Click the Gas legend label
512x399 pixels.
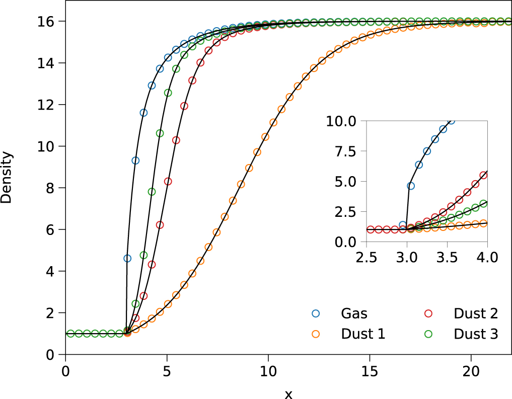354,313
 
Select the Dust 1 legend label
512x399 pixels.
363,334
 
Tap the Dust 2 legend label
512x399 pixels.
476,313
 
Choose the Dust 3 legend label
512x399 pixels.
476,334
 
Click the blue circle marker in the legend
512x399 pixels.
316,313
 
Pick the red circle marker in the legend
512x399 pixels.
429,313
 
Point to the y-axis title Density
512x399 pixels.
7,178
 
